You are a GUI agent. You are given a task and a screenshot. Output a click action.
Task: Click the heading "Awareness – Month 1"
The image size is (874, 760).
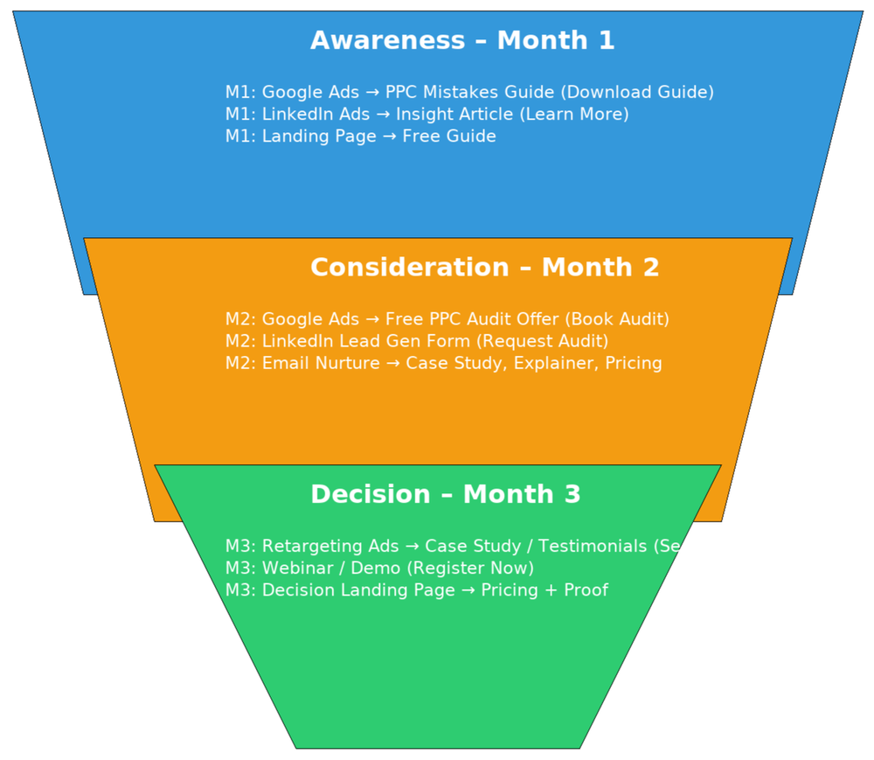(x=462, y=40)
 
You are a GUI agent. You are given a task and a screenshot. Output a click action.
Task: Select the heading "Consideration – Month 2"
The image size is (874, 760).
(x=484, y=268)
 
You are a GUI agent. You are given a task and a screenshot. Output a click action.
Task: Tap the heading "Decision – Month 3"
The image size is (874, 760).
(x=445, y=494)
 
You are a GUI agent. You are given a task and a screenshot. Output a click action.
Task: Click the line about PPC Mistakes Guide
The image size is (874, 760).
(x=469, y=92)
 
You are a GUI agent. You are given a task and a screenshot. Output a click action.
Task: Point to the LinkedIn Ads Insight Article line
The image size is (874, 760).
(x=427, y=115)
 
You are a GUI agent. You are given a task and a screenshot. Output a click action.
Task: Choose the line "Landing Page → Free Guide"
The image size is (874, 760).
(x=360, y=136)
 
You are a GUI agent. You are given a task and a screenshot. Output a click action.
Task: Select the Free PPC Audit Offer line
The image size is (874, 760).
(x=447, y=319)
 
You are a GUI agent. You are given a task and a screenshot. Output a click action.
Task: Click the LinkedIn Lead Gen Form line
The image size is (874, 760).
(x=416, y=341)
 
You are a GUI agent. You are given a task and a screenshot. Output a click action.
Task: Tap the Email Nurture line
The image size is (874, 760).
(x=443, y=363)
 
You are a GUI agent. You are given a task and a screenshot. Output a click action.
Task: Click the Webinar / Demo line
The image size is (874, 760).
(x=379, y=568)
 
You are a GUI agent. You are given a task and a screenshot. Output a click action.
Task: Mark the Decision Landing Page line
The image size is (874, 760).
(x=416, y=590)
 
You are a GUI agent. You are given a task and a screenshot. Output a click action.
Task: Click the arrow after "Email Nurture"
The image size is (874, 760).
(x=393, y=363)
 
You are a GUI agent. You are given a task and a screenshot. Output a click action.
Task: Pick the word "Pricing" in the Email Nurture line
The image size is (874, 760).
(x=634, y=363)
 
